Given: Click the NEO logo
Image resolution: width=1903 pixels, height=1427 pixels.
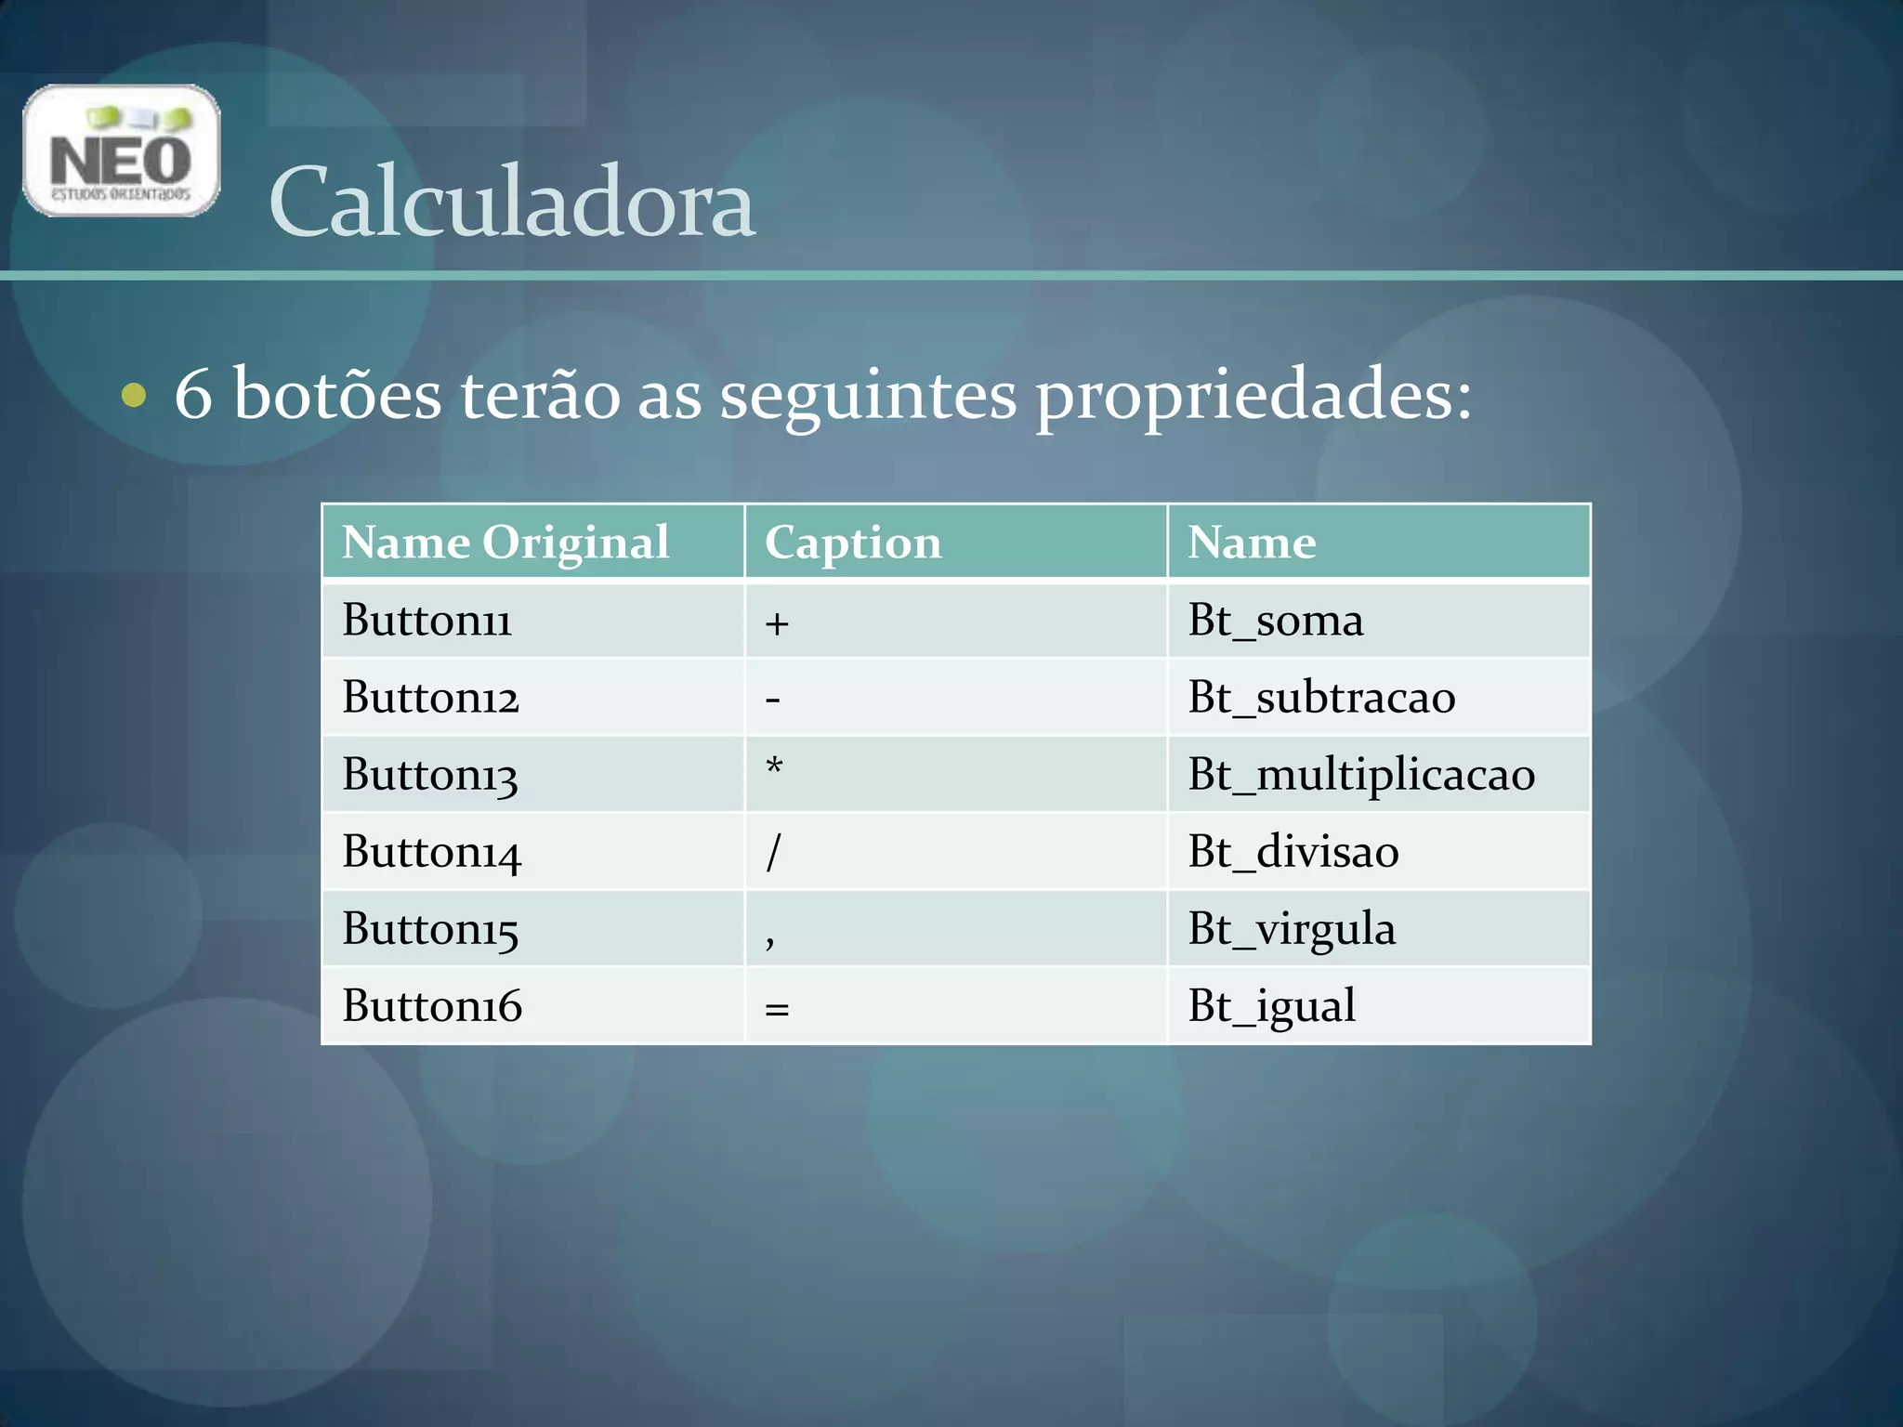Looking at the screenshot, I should point(121,151).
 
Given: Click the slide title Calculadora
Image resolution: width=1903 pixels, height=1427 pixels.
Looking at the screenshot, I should point(511,203).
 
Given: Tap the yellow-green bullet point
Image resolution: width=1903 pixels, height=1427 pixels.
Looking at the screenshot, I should point(134,395).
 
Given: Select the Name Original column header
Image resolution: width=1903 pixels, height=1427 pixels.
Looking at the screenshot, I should point(505,543).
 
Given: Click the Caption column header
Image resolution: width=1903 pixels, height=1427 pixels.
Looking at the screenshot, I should point(853,543).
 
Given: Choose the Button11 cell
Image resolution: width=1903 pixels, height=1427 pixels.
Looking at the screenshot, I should point(427,621).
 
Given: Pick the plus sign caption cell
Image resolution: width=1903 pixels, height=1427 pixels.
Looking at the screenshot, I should point(777,623).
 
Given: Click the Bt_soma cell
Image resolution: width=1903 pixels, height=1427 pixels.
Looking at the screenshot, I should point(1275,621).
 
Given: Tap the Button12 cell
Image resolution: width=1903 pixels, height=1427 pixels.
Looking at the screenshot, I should point(430,698).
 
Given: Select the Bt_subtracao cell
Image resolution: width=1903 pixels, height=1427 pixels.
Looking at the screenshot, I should point(1321,698).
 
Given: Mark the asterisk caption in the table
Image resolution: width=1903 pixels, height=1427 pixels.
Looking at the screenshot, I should point(774,767).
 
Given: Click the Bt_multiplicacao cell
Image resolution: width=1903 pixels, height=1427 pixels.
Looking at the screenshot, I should point(1361,775).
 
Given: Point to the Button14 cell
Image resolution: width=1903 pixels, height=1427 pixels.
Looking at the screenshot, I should point(432,852).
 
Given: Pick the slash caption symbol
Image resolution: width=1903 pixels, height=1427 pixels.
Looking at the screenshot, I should point(773,852).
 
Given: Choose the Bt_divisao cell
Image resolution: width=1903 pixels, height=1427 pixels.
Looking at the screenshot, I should point(1293,852).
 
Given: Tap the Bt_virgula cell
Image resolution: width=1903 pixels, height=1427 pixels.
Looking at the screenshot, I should point(1292,929).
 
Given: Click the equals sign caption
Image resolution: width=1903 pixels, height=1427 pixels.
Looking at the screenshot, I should point(777,1009).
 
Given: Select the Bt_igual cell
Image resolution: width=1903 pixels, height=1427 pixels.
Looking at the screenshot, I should point(1271,1006).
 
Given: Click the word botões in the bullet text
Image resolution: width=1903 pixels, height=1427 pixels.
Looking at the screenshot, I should point(337,395).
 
